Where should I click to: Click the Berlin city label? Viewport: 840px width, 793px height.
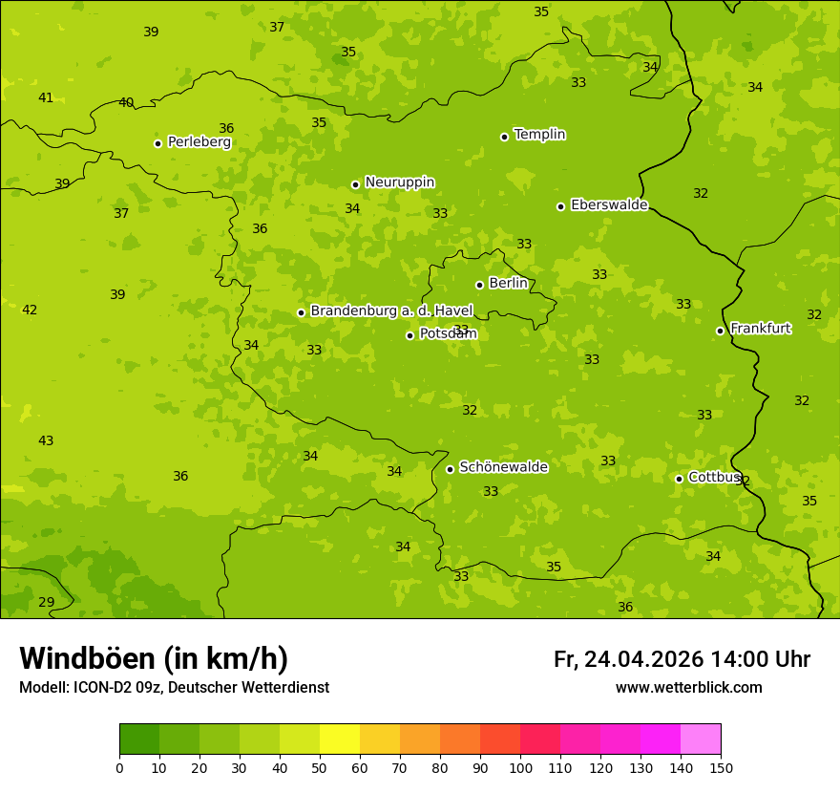point(508,284)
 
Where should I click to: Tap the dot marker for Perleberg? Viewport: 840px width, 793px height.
point(157,143)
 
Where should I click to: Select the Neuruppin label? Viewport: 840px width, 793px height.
point(399,182)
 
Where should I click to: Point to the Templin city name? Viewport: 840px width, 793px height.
point(539,135)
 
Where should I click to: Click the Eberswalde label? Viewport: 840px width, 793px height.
point(609,205)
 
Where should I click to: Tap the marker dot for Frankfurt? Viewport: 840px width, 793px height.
point(720,331)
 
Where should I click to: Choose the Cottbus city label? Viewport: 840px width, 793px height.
point(714,477)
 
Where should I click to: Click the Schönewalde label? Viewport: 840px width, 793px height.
point(503,467)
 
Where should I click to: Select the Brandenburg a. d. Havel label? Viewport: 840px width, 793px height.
point(391,311)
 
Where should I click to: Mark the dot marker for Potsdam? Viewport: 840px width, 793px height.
point(409,335)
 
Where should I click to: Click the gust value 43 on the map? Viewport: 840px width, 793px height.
point(46,440)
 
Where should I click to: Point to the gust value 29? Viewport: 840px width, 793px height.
point(46,602)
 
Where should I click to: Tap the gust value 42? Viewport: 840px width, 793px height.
point(30,310)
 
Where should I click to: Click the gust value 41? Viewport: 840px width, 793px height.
point(46,97)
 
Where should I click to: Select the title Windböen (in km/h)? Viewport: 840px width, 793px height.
point(154,658)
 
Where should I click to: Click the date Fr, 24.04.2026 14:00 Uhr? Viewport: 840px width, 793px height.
point(682,659)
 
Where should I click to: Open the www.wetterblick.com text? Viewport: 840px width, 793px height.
point(688,687)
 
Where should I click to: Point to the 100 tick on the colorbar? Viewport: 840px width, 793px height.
point(520,767)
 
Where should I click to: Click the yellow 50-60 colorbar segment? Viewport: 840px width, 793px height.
point(340,739)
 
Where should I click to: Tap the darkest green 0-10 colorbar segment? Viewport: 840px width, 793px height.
point(139,739)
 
